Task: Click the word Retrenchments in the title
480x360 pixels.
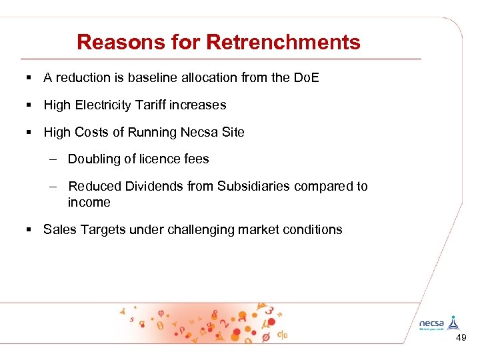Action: click(x=283, y=43)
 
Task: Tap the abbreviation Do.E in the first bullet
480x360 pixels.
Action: click(x=306, y=77)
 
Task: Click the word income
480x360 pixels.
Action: click(x=89, y=202)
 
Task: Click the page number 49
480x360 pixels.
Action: click(x=461, y=339)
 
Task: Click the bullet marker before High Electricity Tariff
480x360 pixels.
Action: click(x=29, y=105)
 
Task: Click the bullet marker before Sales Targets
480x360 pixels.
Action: click(x=29, y=230)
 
